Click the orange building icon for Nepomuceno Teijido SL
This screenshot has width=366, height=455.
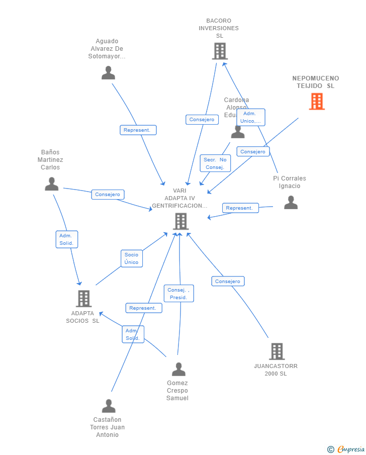(x=317, y=102)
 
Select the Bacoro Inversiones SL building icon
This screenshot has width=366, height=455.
(x=220, y=51)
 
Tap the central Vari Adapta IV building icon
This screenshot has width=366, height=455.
(x=180, y=221)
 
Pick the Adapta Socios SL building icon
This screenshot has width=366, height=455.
(x=83, y=299)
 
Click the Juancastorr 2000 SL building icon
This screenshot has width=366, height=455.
(x=277, y=351)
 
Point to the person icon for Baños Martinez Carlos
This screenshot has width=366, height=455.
(x=51, y=184)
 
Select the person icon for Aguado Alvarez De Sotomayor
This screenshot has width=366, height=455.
(x=108, y=73)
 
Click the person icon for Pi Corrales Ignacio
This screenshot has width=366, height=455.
(x=291, y=203)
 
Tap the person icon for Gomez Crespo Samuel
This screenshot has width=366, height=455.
(x=178, y=370)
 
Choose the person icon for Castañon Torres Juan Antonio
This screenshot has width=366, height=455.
(x=109, y=406)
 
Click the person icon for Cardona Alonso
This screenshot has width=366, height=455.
(x=238, y=132)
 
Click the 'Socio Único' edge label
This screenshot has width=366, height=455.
(x=132, y=258)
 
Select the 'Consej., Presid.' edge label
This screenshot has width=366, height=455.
(x=178, y=294)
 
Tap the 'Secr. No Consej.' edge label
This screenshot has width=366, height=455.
(x=215, y=163)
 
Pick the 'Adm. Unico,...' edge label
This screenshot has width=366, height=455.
(x=250, y=117)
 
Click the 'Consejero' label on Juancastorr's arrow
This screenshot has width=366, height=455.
(x=228, y=282)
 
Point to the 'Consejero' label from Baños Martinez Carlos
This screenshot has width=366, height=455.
(x=108, y=195)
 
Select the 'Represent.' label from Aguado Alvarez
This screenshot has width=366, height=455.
(x=138, y=130)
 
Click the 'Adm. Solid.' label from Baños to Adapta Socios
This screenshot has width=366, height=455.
(x=66, y=239)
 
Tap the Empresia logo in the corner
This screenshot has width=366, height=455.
(x=346, y=449)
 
